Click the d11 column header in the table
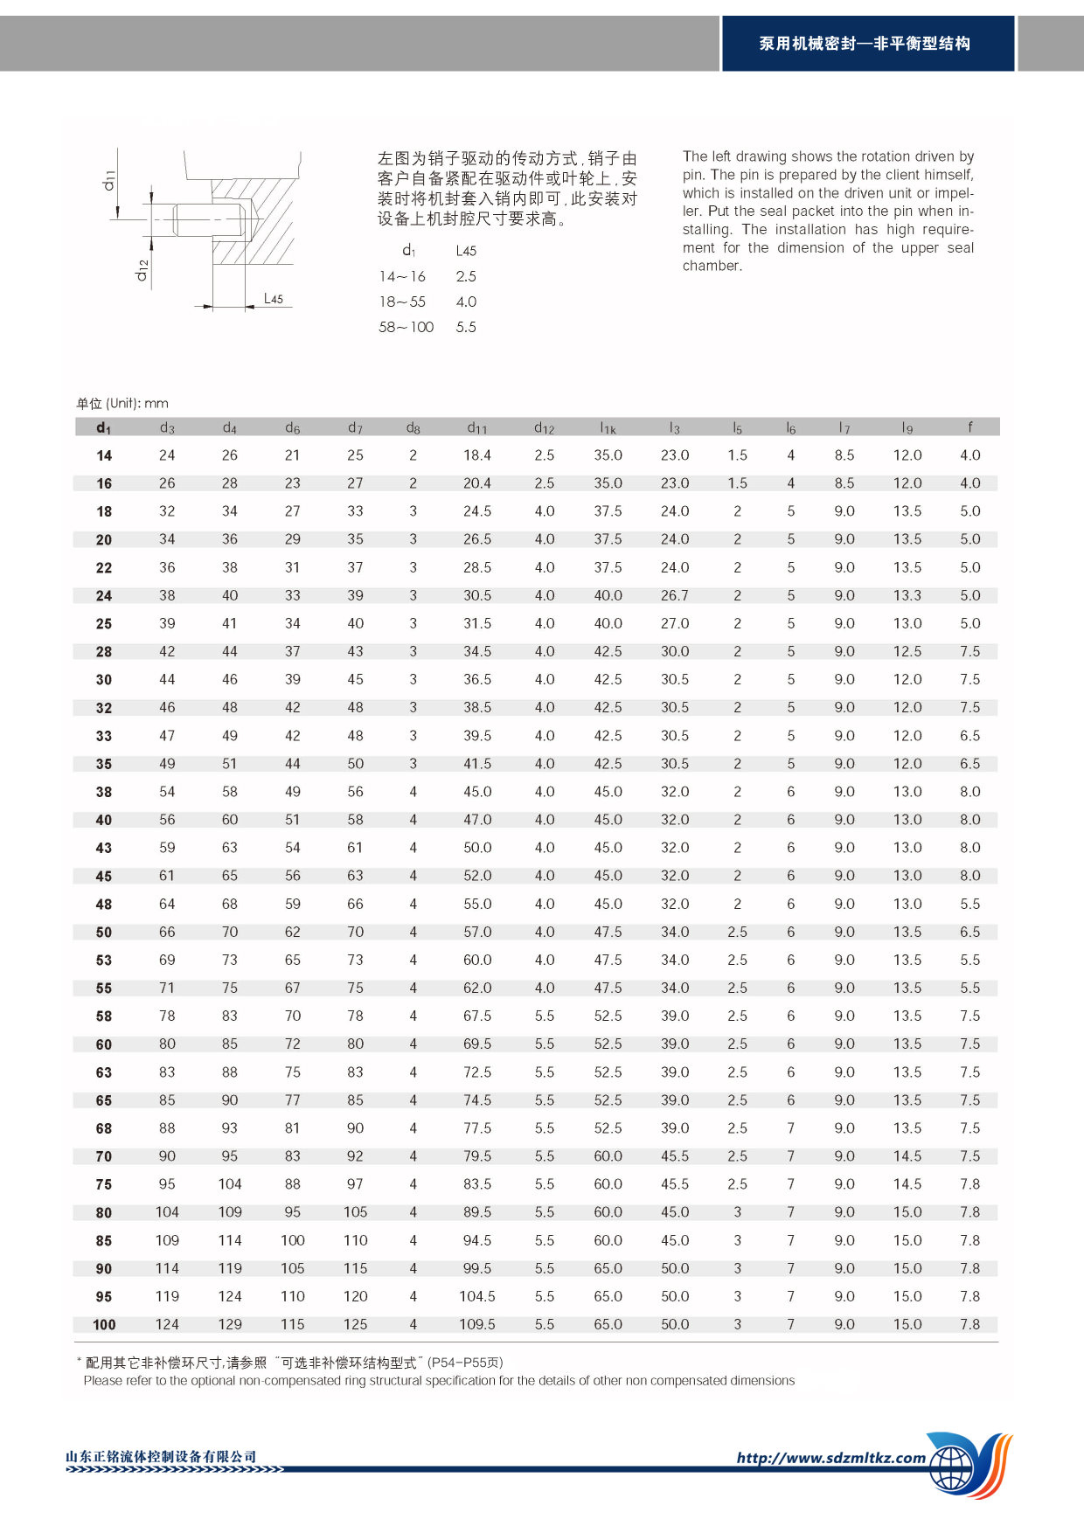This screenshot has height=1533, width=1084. coord(476,427)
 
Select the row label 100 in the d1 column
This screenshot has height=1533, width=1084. coord(104,1325)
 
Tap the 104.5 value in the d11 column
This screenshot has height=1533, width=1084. coord(476,1296)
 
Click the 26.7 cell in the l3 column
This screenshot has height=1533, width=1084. coord(674,595)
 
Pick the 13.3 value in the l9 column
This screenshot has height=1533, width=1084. coord(907,595)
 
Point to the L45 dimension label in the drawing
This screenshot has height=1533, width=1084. coord(274,299)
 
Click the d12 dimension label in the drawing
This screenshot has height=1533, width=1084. coord(142,270)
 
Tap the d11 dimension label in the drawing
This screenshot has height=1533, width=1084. coord(109,180)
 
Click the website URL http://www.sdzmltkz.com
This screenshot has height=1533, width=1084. coord(830,1458)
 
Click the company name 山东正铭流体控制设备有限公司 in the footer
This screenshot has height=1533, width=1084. coord(162,1456)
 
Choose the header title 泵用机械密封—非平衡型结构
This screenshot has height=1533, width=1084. coord(865,44)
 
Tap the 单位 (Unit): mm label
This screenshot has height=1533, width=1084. coord(122,403)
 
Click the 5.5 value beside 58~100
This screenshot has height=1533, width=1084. coord(466,327)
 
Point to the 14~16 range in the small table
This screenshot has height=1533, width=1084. coord(402,276)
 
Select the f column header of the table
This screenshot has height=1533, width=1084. coord(969,427)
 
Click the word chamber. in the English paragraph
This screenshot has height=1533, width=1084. coord(712,266)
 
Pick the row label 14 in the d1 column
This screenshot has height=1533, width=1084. coord(104,455)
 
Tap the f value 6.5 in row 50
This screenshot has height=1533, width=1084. coord(969,932)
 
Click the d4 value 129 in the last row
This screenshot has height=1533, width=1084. coord(230,1324)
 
